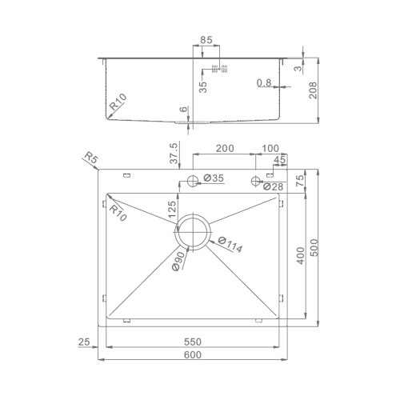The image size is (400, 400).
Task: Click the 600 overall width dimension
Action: click(193, 355)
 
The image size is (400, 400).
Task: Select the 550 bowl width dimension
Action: click(193, 342)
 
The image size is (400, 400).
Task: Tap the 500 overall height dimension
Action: click(314, 248)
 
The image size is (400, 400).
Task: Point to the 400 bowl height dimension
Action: click(301, 256)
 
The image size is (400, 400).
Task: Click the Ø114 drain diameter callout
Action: click(230, 245)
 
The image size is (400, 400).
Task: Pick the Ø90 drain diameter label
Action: click(178, 261)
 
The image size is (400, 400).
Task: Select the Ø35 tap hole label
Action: click(214, 178)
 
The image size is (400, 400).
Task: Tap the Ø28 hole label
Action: click(273, 187)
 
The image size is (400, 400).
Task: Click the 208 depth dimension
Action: click(313, 90)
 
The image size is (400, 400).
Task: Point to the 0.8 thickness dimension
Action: click(264, 83)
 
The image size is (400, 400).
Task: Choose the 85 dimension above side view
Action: click(206, 40)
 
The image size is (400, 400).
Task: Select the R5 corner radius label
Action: click(91, 158)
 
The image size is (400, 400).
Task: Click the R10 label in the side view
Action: click(118, 102)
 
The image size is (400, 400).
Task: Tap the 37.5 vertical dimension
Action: click(174, 154)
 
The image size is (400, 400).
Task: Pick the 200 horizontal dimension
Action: click(225, 148)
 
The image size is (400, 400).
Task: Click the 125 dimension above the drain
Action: click(172, 210)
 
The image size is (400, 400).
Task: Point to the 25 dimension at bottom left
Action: click(84, 342)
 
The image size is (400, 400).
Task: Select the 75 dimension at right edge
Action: click(300, 181)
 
